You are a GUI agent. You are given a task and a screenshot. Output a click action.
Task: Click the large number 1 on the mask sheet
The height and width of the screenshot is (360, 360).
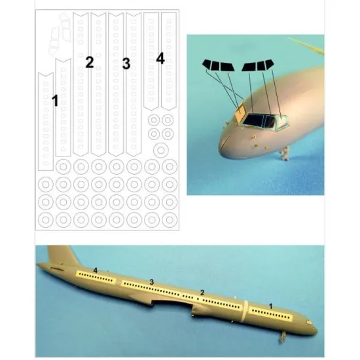55,101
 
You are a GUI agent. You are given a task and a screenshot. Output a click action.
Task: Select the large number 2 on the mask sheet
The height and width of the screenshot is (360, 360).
90,62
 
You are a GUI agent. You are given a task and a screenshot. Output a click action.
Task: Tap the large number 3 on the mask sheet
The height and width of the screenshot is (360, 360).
126,63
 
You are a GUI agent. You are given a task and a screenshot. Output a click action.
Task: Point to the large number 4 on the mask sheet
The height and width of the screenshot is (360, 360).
160,58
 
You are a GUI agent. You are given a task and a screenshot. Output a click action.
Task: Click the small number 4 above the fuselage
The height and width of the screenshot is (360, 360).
96,270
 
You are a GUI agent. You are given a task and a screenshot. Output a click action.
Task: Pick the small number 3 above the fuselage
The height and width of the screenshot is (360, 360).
152,282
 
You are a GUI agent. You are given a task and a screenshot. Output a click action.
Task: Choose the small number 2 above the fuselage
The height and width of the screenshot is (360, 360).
202,293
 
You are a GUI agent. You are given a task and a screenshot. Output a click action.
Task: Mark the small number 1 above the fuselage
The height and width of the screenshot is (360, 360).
271,306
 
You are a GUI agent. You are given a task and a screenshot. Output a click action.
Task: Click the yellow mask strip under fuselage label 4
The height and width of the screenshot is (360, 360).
96,277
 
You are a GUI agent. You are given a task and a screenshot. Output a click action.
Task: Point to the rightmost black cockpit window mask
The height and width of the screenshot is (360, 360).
268,64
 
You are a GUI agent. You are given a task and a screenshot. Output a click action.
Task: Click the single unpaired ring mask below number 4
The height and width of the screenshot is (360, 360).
161,150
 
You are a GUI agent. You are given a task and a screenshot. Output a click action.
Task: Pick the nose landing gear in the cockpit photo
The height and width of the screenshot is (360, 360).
285,154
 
